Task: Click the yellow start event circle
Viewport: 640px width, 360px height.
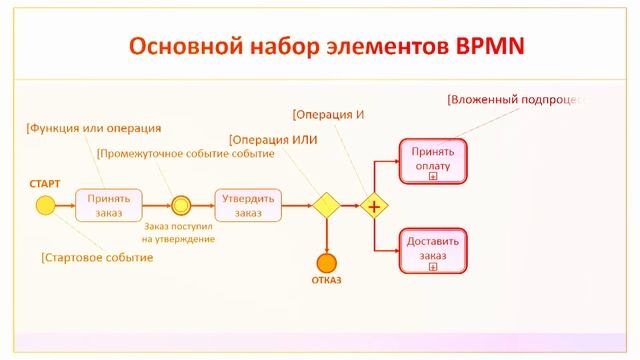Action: pos(44,205)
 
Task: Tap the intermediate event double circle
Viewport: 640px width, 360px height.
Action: pos(180,205)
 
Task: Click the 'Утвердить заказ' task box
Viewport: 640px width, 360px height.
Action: pos(242,205)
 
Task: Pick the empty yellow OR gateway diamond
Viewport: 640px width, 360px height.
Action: pos(326,205)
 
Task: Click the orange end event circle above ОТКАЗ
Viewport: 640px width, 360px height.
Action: pos(326,263)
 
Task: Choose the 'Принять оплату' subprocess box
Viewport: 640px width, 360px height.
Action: pos(432,160)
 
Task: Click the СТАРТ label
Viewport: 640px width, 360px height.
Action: pos(44,184)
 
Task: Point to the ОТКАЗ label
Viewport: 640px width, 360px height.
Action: pos(325,281)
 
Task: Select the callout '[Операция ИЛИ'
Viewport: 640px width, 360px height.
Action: pos(273,139)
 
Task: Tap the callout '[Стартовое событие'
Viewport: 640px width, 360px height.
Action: pos(97,257)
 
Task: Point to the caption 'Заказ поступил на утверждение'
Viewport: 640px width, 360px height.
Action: pos(179,233)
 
